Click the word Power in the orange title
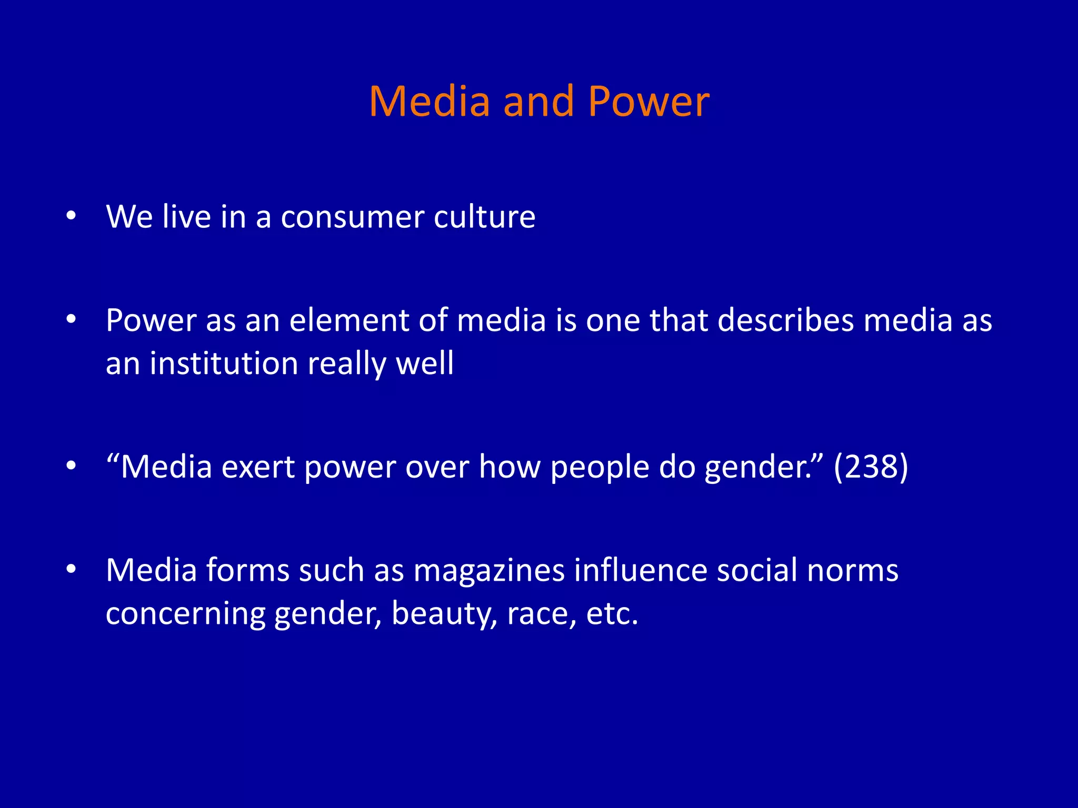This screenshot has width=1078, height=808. (x=648, y=101)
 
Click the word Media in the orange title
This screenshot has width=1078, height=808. (x=430, y=101)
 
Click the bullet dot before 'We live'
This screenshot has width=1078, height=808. (x=72, y=216)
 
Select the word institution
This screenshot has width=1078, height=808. (x=224, y=363)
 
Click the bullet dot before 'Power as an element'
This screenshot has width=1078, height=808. (x=72, y=319)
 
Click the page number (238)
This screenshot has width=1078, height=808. (x=871, y=467)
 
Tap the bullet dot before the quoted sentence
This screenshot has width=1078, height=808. (x=72, y=466)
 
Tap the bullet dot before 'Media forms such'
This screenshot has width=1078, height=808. (x=72, y=569)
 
